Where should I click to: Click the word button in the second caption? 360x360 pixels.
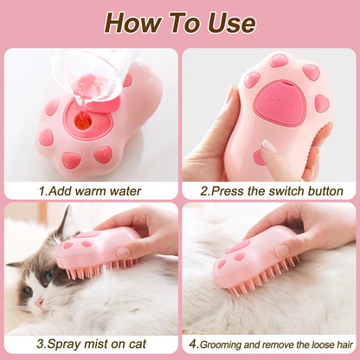coord(319,190)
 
